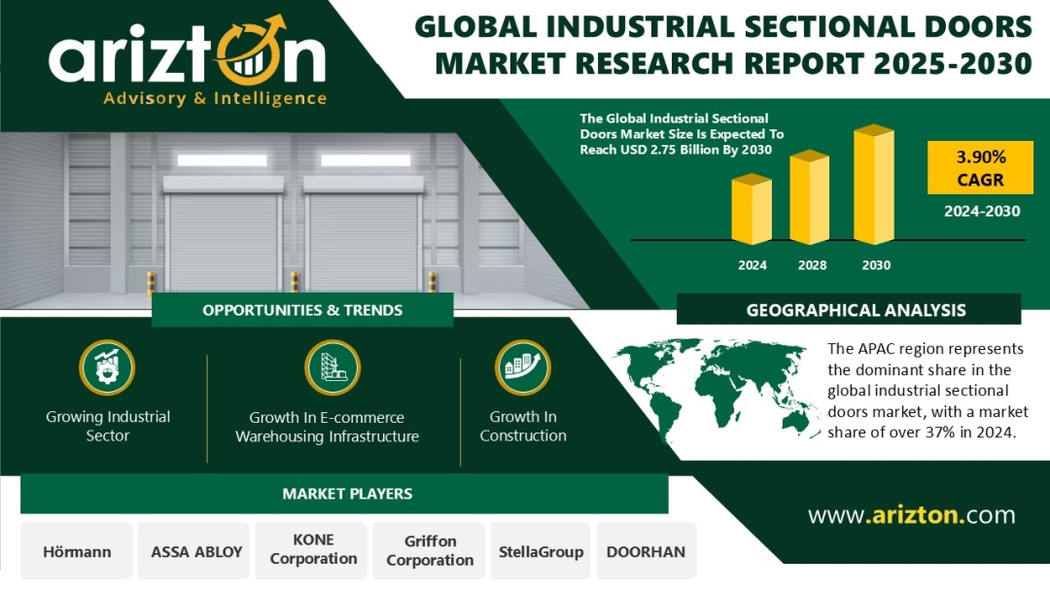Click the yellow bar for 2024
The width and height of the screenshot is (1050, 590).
(x=752, y=209)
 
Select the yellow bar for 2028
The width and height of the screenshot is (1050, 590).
(x=810, y=197)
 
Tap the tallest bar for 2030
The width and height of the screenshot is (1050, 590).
(x=874, y=184)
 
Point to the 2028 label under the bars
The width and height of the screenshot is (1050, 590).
(x=812, y=265)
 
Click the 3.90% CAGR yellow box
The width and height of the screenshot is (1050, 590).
(x=980, y=168)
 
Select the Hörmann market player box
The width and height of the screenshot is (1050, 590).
(x=77, y=551)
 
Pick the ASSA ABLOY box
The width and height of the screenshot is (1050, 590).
(x=196, y=551)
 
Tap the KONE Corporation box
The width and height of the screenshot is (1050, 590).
(x=313, y=551)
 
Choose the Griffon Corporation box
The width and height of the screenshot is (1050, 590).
(x=430, y=551)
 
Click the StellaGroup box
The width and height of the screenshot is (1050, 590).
(x=541, y=551)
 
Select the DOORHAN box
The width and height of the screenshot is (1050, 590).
(x=647, y=551)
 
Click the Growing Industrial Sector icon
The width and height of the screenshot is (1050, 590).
(x=107, y=367)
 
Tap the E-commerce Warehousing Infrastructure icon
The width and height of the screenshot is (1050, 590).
(x=332, y=367)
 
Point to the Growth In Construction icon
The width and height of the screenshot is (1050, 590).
(x=523, y=367)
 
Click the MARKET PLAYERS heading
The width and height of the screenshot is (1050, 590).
(x=347, y=494)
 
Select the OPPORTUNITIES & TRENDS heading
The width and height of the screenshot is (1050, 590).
(x=302, y=310)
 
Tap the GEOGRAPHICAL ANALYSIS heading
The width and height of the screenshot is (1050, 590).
(x=856, y=310)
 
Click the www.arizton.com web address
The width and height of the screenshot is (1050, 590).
(x=911, y=515)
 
